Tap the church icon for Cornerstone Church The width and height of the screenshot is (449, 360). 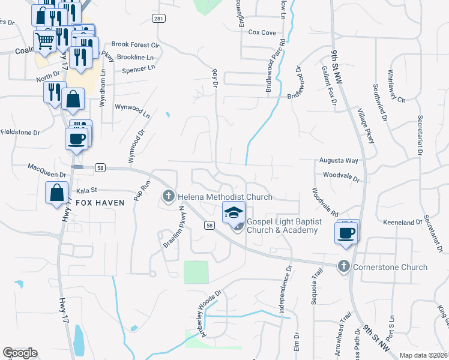(344, 266)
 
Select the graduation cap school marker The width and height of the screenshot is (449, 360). (234, 212)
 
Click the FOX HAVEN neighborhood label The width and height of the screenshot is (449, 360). (100, 203)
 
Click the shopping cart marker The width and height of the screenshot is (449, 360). (45, 41)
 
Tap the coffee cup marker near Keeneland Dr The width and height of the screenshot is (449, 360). (347, 232)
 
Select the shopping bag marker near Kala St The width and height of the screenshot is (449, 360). (56, 193)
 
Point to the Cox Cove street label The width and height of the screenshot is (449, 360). (262, 32)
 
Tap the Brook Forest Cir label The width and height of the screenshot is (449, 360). (135, 45)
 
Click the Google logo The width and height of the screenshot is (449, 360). (20, 353)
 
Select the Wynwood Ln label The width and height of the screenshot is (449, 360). (132, 110)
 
